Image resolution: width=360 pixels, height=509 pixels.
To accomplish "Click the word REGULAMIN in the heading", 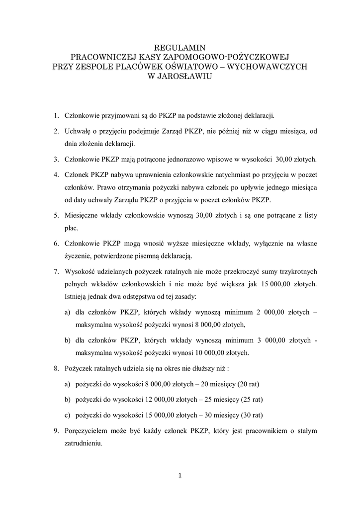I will [180, 48].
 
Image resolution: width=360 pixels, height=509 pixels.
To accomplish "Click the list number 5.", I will [56, 216].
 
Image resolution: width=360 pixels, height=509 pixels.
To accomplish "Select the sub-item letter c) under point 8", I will [67, 415].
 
